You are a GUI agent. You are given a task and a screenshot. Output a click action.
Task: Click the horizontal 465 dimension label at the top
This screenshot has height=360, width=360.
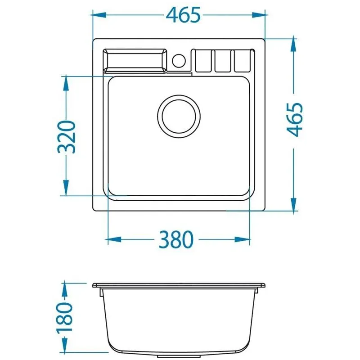(183, 15)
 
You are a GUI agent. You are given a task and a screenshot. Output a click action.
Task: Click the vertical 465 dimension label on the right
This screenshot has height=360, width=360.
(295, 119)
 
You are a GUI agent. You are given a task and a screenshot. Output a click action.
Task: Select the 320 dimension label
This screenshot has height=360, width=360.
(66, 137)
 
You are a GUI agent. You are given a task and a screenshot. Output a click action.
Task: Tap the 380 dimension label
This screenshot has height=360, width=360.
(176, 240)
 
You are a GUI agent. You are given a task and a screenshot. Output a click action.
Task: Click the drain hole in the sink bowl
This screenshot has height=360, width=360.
(179, 117)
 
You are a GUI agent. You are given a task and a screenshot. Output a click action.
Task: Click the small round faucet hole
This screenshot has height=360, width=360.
(179, 61)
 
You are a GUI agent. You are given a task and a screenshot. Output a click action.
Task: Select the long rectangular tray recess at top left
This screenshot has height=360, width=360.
(135, 61)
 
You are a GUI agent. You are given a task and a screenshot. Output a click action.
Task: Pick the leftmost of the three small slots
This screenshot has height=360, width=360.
(203, 61)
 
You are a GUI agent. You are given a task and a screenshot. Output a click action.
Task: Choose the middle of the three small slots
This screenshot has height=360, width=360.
(223, 61)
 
